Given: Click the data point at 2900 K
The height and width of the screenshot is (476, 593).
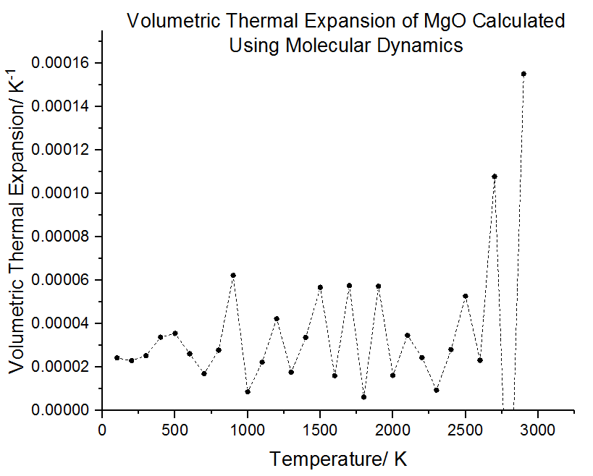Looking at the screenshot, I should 523,74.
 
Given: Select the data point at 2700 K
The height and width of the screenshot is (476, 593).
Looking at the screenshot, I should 495,177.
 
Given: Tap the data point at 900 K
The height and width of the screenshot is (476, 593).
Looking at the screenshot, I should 233,276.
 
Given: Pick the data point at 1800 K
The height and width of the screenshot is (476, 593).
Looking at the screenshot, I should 363,397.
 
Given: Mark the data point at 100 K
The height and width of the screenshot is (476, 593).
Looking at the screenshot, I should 117,357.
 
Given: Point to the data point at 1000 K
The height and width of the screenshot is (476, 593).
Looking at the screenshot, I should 248,391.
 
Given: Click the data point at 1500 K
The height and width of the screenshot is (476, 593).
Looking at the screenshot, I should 320,287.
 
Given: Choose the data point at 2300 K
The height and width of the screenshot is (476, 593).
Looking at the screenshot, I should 437,390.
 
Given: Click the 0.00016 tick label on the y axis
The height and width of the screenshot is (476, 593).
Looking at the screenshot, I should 63,64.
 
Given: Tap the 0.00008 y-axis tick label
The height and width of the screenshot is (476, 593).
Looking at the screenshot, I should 63,237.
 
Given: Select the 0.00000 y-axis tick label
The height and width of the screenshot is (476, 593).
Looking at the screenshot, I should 63,410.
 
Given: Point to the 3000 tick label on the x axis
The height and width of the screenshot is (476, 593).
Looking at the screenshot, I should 537,430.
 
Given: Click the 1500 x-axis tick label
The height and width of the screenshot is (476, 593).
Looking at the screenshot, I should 320,430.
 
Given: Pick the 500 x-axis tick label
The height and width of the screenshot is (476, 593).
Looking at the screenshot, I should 174,430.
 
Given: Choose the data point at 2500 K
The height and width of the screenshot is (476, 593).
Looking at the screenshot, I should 466,296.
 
